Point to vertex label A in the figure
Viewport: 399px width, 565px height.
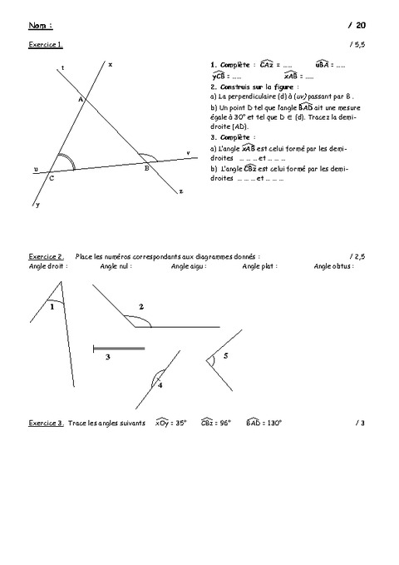point(81,99)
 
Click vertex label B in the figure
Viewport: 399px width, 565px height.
point(146,168)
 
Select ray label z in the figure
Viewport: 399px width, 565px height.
point(180,191)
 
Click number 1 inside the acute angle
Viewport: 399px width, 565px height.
point(52,307)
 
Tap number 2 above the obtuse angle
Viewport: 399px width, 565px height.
point(140,307)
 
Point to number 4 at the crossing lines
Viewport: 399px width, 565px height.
point(160,386)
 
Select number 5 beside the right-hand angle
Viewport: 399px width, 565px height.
point(225,356)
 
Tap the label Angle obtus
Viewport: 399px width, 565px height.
point(332,266)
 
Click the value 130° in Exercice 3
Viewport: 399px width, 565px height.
point(273,423)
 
